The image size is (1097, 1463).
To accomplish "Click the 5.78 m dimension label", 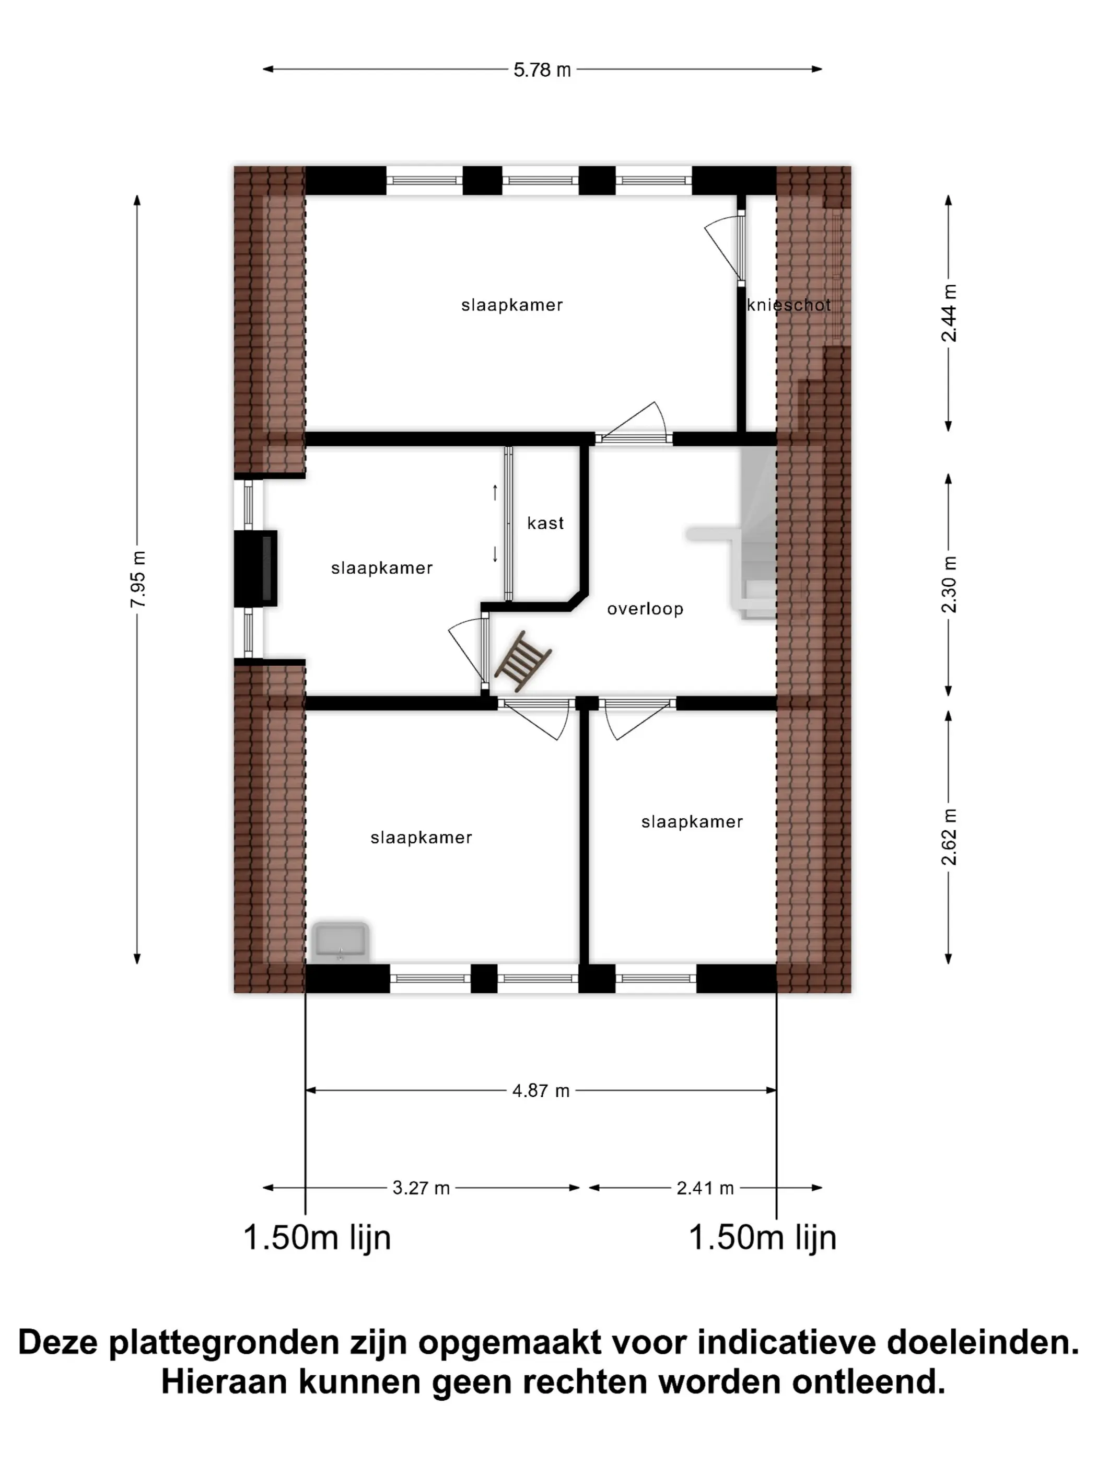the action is coord(542,69).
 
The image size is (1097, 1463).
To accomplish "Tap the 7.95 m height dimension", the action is coord(137,579).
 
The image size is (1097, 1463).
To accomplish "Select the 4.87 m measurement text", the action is coord(540,1090).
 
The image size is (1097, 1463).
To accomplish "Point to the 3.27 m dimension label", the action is coord(421,1188).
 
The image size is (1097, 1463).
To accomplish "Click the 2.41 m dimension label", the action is coord(705,1188).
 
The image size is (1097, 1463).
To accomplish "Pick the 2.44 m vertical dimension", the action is coord(948,313).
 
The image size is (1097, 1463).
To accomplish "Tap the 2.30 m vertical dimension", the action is coord(948,585).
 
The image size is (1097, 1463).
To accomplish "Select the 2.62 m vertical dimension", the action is coord(948,837).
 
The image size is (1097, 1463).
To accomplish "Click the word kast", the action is coord(545,523).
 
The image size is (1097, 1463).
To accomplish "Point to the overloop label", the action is coord(645,609).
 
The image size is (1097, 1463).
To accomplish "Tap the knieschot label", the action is coord(788,305).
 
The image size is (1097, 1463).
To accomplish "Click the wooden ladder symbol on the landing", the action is coord(523,661).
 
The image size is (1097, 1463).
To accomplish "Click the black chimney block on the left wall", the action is coord(255,568).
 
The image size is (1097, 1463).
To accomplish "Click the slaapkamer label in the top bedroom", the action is coord(512,305).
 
